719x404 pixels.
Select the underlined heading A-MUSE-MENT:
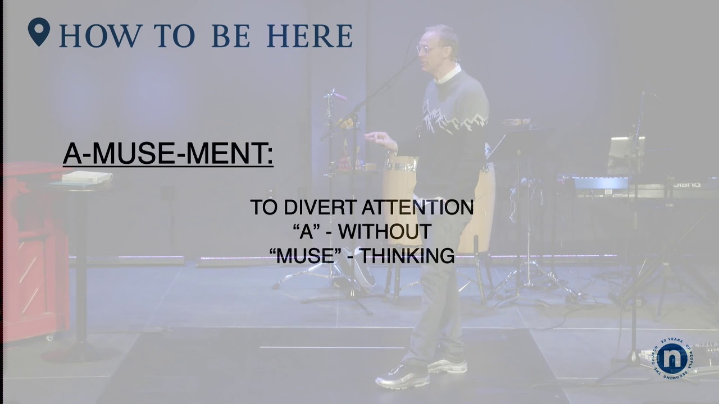[168, 154]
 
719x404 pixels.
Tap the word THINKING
[407, 256]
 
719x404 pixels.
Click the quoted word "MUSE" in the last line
[306, 256]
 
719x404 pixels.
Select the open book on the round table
[87, 177]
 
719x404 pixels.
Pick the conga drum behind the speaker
[400, 185]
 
